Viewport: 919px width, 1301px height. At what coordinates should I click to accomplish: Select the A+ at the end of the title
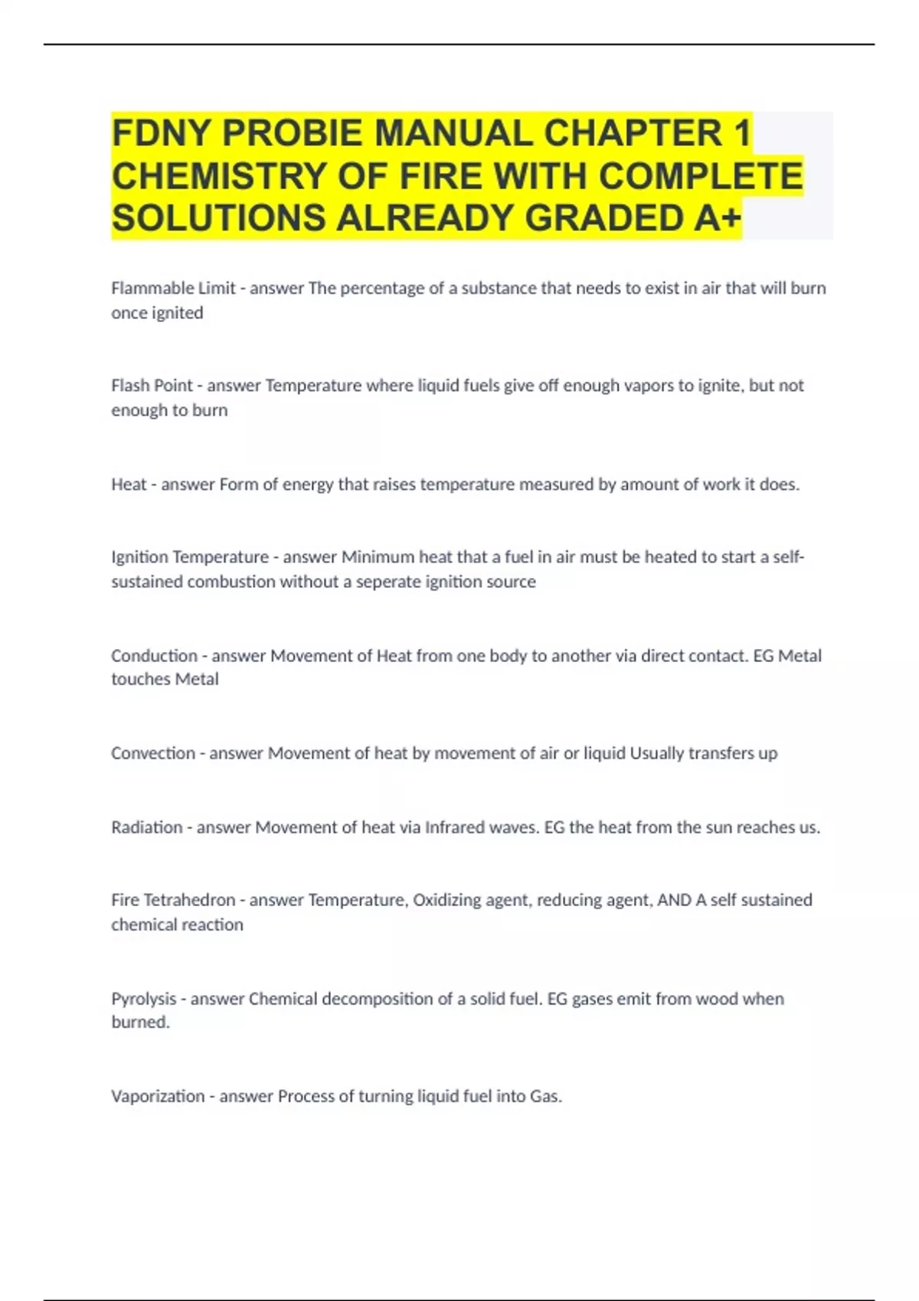tap(718, 219)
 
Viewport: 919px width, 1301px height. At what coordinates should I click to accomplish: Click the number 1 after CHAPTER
tap(741, 134)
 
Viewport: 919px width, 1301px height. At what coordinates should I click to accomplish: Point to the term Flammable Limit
tap(173, 289)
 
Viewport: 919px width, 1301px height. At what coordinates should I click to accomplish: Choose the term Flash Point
tap(152, 386)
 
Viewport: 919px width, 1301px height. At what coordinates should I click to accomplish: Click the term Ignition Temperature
tap(190, 557)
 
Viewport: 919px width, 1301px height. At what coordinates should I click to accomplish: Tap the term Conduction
tap(154, 656)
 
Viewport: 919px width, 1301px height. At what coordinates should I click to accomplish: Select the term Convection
tap(153, 754)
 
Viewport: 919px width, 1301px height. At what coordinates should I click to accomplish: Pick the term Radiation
tap(147, 827)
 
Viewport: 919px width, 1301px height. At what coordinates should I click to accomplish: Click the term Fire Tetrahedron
tap(173, 900)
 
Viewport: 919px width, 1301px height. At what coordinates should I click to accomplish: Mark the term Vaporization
tap(158, 1097)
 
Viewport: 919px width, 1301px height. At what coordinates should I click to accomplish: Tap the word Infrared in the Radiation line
tap(454, 827)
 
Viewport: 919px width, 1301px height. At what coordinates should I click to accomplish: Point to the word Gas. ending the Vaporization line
tap(545, 1097)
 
